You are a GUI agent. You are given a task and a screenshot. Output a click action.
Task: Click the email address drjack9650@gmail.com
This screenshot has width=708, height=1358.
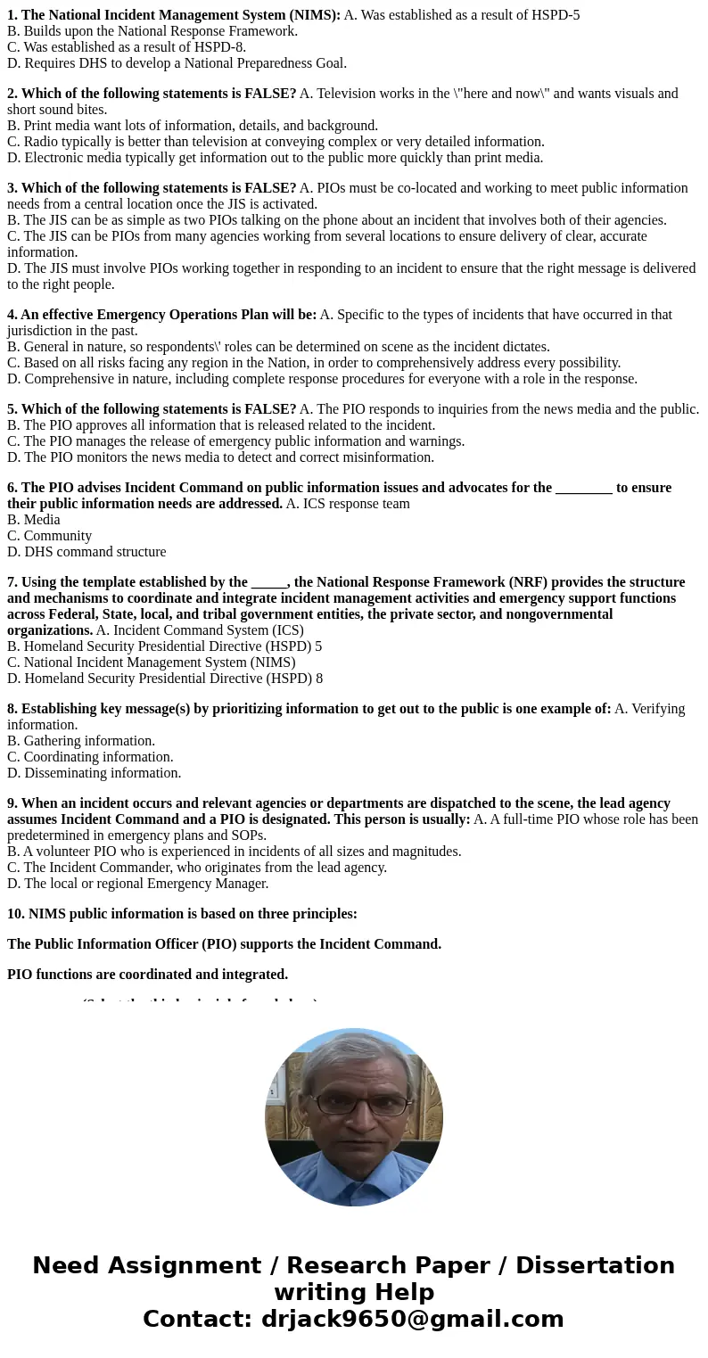click(x=412, y=1319)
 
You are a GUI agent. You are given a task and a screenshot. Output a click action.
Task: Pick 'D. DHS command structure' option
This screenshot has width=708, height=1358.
click(x=86, y=552)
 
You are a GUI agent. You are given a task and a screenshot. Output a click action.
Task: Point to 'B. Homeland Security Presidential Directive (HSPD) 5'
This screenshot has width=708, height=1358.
click(x=164, y=646)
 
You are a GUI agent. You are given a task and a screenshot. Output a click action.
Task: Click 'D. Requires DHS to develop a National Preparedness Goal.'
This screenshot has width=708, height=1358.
click(x=177, y=63)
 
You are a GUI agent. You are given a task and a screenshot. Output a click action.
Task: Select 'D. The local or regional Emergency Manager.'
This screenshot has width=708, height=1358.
click(x=137, y=884)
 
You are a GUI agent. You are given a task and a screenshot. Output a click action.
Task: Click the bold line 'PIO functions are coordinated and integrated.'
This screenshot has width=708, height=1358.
click(x=147, y=975)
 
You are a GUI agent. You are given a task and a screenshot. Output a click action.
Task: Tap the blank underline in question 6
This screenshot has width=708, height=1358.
click(x=583, y=488)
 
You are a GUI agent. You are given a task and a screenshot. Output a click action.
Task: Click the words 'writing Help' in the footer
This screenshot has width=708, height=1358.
click(x=354, y=1292)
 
